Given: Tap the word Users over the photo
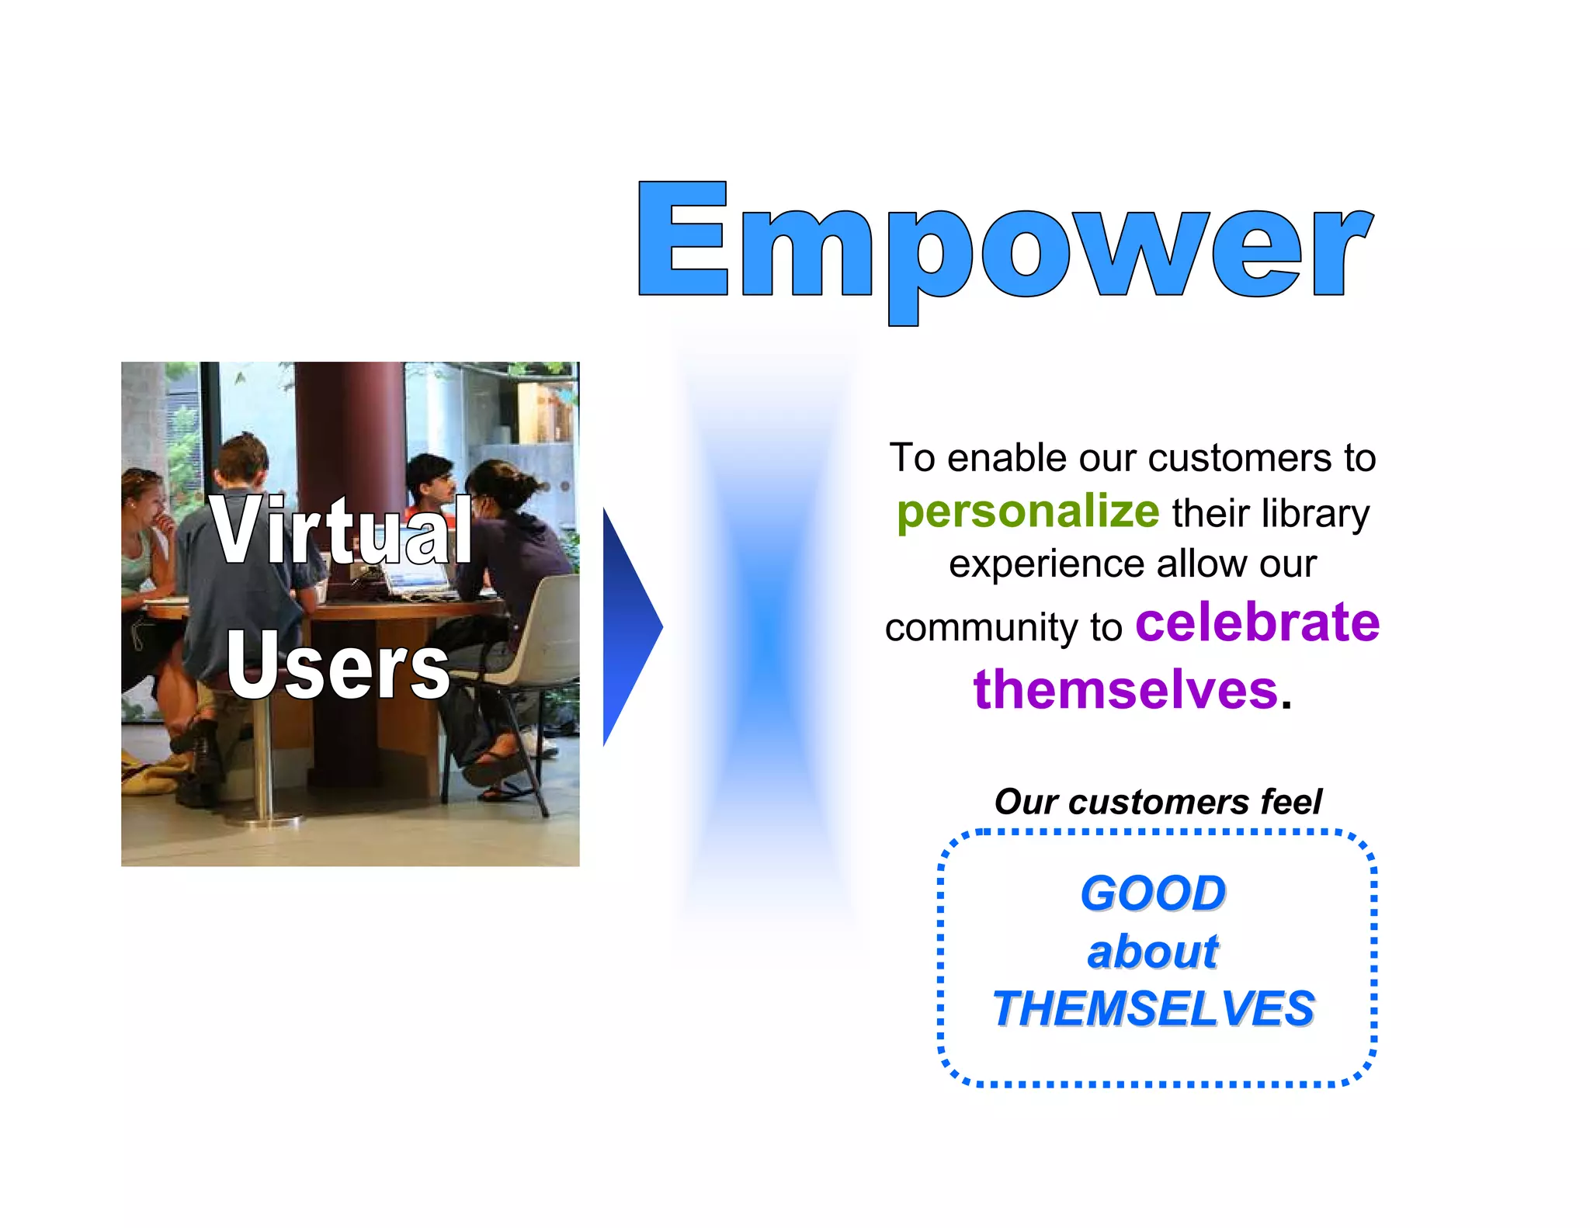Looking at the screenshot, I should (x=338, y=665).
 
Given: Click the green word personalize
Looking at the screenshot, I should (x=1027, y=512).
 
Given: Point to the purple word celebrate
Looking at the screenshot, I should (x=1257, y=623).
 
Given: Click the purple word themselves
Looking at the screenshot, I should (x=1125, y=689).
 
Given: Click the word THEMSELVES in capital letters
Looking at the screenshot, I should (x=1153, y=1009).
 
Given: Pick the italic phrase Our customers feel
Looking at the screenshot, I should (x=1158, y=802).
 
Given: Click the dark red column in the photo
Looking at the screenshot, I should (x=349, y=419).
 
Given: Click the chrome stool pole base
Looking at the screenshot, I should (x=263, y=815).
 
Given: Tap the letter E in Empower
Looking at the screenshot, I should (x=683, y=239).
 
